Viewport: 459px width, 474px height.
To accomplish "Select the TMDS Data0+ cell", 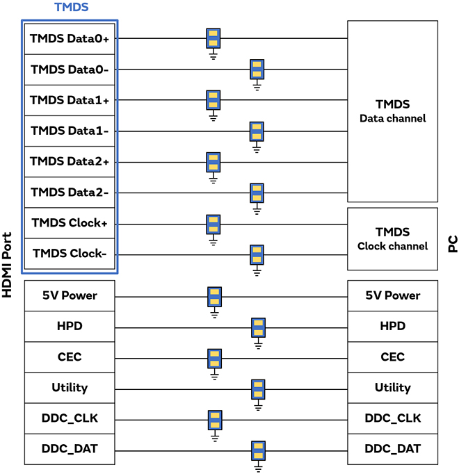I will point(70,39).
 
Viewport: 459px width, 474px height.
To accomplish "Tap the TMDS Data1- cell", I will point(70,131).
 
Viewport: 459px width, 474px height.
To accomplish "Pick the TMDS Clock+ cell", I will point(70,223).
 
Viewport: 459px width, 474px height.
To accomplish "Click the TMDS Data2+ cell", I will point(70,161).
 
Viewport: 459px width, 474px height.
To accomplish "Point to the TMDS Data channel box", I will point(392,111).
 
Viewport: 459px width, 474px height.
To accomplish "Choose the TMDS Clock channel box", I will point(392,238).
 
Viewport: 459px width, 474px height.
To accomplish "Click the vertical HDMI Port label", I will point(8,264).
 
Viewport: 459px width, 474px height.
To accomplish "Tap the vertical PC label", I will point(452,243).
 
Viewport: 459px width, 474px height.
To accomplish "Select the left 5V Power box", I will point(70,295).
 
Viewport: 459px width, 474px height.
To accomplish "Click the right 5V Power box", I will point(392,295).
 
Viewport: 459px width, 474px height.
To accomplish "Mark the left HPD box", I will point(70,326).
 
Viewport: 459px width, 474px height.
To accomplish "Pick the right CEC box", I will point(392,357).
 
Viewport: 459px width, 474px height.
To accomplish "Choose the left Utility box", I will point(70,387).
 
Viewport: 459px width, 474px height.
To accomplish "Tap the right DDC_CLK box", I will point(392,418).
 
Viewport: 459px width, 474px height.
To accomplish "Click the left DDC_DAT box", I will point(70,449).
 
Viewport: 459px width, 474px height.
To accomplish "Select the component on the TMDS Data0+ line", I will point(214,39).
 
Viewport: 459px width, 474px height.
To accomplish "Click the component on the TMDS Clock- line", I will point(257,254).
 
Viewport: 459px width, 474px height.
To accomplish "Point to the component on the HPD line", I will point(258,327).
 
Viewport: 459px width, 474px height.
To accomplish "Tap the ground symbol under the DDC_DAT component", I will point(258,469).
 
